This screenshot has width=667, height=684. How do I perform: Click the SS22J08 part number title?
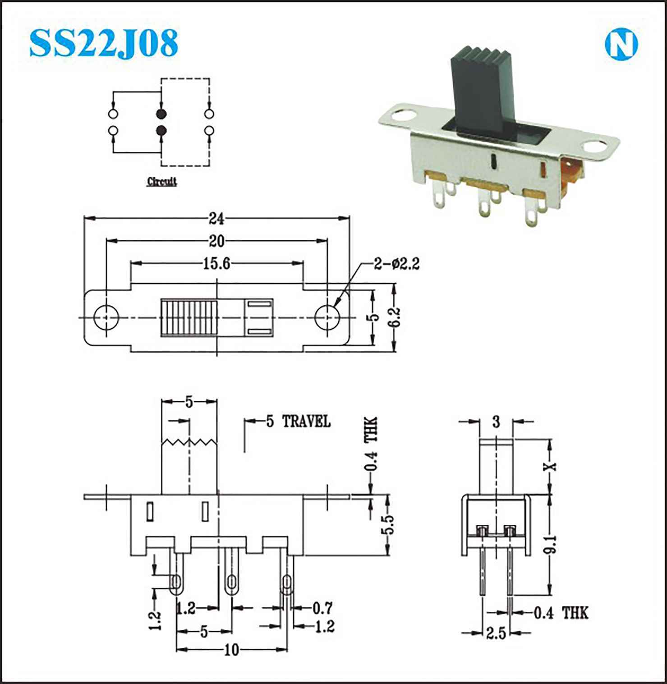104,43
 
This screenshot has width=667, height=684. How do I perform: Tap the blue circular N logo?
621,46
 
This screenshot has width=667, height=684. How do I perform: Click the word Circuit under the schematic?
162,182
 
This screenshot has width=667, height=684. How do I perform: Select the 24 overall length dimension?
216,218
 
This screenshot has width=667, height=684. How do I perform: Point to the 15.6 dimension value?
216,263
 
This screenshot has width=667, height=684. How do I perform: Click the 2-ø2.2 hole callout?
397,264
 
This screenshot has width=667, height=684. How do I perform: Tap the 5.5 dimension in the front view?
388,524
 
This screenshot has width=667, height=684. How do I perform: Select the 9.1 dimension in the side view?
551,544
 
